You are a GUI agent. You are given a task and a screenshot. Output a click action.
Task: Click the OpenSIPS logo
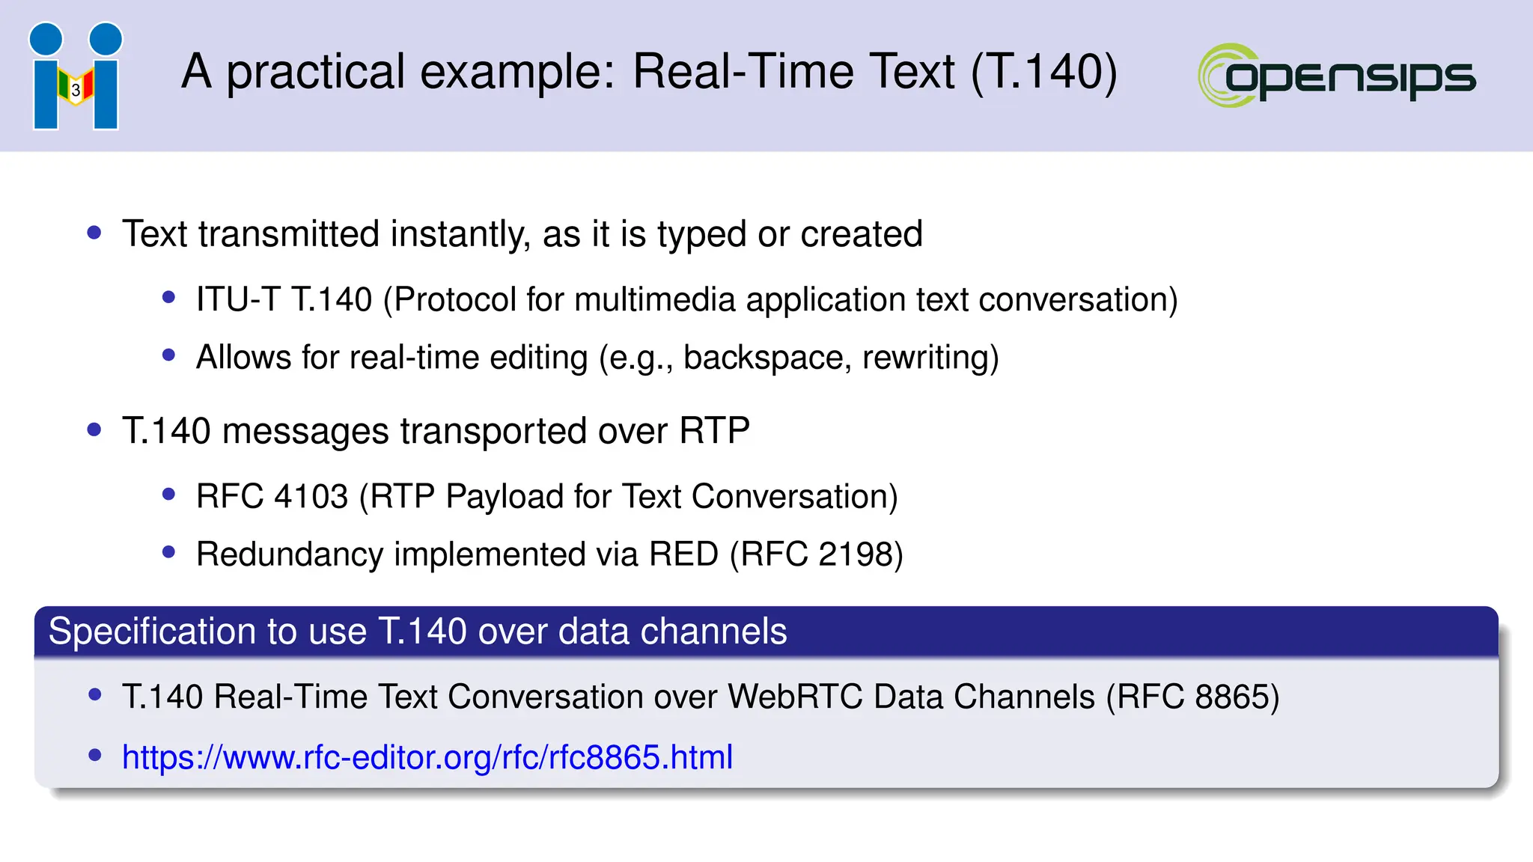click(1337, 76)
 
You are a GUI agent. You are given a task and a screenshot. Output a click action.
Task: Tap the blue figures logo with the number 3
click(76, 76)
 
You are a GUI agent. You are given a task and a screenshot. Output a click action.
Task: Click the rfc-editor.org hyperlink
click(427, 757)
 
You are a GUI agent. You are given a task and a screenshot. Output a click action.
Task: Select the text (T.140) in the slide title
click(1044, 72)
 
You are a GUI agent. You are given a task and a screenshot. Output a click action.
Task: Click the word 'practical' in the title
click(316, 73)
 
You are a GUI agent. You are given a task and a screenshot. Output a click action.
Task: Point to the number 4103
click(311, 497)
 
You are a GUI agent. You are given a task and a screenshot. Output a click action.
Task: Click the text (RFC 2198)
click(817, 554)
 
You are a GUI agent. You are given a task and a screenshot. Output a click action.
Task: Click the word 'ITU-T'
click(238, 300)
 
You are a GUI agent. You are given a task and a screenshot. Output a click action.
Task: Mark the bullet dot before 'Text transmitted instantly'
click(94, 233)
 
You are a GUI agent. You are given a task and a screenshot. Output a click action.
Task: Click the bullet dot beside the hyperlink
click(95, 755)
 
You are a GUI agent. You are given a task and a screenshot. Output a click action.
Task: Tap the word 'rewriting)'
click(930, 358)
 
